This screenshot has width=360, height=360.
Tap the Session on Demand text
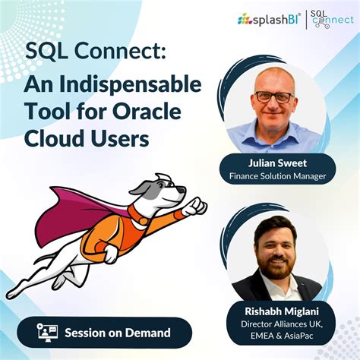pos(117,332)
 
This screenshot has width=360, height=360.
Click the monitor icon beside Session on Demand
pos(47,332)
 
